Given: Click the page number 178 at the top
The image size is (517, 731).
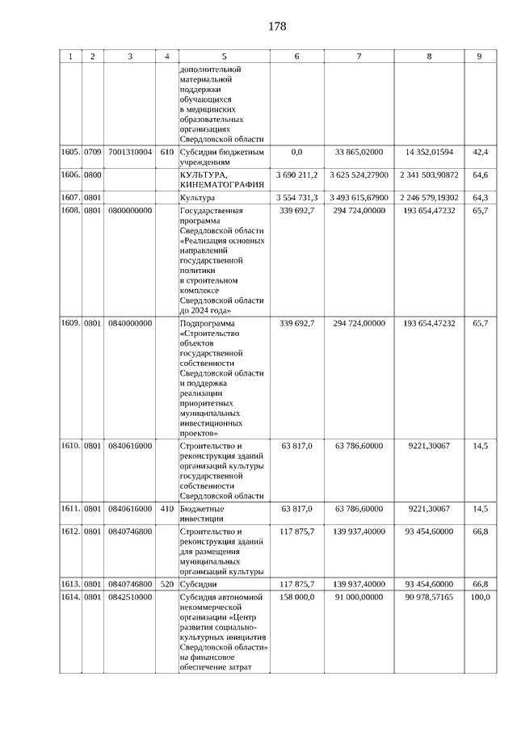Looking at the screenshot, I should pos(277,27).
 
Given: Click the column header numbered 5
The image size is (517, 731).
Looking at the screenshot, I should pos(224,57).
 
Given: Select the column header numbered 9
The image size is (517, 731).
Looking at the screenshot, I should pos(479,57).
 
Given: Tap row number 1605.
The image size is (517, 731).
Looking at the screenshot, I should pos(70,152).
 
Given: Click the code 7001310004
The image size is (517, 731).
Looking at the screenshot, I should pos(130,152).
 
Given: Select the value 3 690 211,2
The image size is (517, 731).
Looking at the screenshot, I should pos(296,174).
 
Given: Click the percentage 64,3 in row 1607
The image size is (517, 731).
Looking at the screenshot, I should pos(480,197).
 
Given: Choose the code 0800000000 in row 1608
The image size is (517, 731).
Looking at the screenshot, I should pos(130,210).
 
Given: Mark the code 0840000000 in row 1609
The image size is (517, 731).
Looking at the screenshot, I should pos(130,323).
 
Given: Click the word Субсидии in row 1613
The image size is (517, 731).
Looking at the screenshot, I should pos(197,583).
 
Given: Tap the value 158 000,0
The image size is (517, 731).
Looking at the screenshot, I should pos(296,596).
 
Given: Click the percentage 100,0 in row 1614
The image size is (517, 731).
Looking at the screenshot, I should pos(480,596).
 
